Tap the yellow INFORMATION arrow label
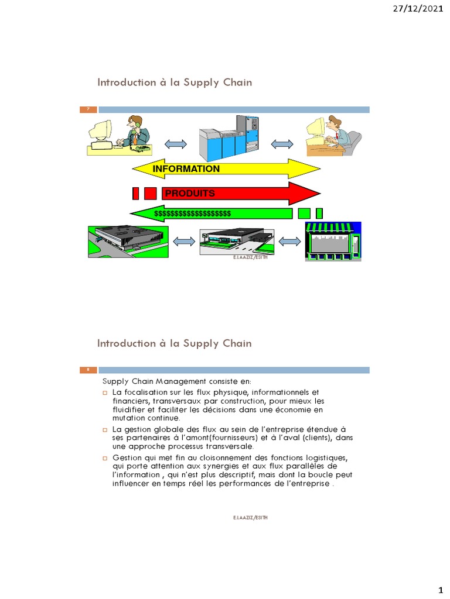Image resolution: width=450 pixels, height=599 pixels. point(186,169)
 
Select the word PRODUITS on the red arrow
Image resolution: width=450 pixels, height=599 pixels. point(189,193)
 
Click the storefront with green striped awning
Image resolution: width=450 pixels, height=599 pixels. point(333,241)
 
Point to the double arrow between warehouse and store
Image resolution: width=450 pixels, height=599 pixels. point(288,241)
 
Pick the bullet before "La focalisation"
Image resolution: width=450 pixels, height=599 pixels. point(104,393)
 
